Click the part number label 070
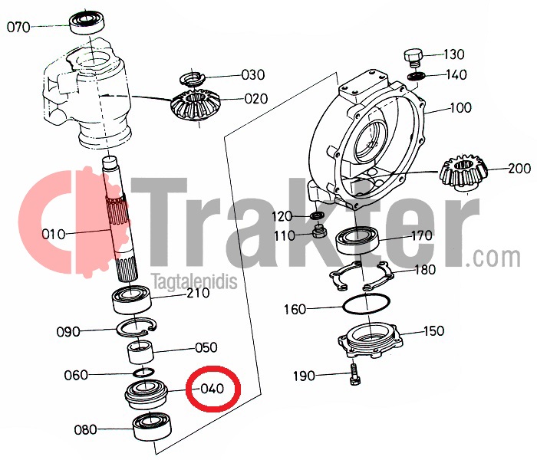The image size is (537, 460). pos(18,27)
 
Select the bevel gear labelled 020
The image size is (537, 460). pos(194,106)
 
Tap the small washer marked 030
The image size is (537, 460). pos(193,79)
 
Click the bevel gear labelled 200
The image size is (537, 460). pos(463,172)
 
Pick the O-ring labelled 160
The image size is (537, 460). pos(366,304)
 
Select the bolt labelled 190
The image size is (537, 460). pos(355,374)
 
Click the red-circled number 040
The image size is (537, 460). pos(212,389)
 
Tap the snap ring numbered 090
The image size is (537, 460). pos(137,327)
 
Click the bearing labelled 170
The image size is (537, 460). pos(358,240)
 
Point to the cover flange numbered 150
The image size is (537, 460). pos(371,340)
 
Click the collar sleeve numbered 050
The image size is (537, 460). pos(141,352)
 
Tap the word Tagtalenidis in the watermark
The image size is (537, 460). pos(195,281)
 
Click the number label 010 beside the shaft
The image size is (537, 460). pos(54,235)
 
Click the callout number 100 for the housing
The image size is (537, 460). pos(460,108)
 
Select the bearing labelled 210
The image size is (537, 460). pos(132,300)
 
